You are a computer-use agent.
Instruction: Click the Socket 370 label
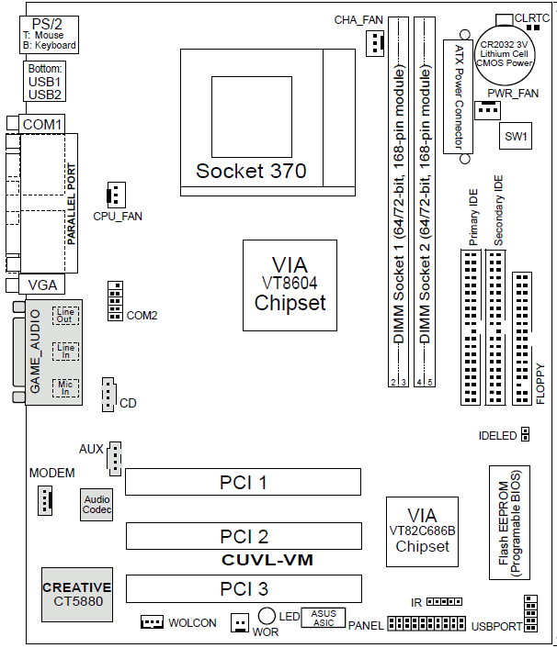[250, 171]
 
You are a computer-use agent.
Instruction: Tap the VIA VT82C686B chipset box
[422, 530]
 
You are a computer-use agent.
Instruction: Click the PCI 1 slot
[244, 482]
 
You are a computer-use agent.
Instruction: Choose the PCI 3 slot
[244, 588]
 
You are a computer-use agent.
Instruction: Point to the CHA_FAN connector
[375, 42]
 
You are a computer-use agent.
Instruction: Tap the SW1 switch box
[516, 137]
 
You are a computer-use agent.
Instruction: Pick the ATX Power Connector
[456, 96]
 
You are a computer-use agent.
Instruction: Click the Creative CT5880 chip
[77, 594]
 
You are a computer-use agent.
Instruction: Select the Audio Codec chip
[97, 506]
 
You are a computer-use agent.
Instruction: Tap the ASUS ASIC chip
[323, 618]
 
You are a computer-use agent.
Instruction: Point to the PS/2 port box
[48, 33]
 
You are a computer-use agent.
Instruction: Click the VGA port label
[42, 285]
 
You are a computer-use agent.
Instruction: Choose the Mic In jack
[65, 387]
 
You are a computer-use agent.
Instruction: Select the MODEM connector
[46, 500]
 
